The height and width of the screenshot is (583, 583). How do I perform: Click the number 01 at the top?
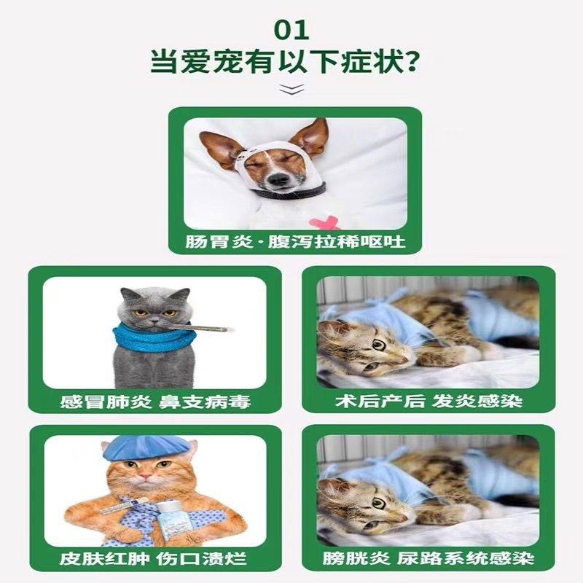click(291, 30)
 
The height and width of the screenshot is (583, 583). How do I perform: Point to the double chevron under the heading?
click(291, 90)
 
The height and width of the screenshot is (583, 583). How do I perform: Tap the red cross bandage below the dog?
click(323, 222)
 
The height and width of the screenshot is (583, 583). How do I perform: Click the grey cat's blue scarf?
click(154, 337)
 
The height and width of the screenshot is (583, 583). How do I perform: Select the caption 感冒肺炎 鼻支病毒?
click(154, 400)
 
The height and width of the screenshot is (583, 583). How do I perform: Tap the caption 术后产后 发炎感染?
click(429, 400)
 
